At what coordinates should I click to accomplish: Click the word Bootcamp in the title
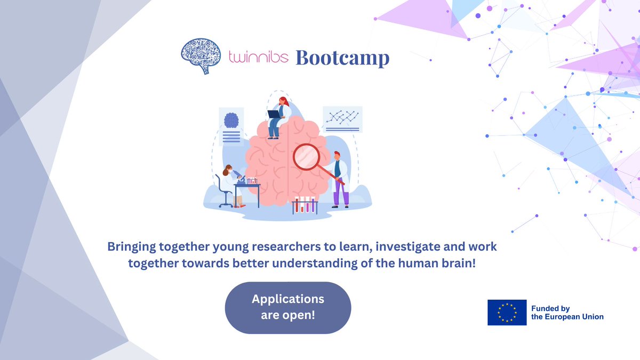pos(342,58)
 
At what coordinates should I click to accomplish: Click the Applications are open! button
pos(288,307)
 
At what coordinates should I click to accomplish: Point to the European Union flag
pos(507,313)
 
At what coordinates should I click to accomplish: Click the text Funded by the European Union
pos(567,313)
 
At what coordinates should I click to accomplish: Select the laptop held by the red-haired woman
pos(274,114)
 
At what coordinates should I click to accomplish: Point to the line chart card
pos(342,119)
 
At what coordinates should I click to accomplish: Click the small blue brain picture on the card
pos(231,120)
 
